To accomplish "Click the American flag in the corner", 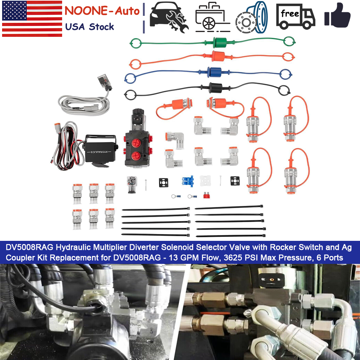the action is pyautogui.click(x=32, y=19).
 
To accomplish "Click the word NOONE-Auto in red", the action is pyautogui.click(x=102, y=11).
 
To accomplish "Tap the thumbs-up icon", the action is pyautogui.click(x=337, y=15).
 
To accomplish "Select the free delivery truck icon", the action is pyautogui.click(x=296, y=17).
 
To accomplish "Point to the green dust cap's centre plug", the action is pyautogui.click(x=220, y=42).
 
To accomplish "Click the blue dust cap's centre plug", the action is pyautogui.click(x=214, y=72).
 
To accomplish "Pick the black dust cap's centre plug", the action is pyautogui.click(x=216, y=88).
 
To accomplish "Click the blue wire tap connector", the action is pyautogui.click(x=188, y=181).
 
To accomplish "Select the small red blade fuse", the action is pyautogui.click(x=206, y=195).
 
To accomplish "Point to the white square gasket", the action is pyautogui.click(x=205, y=181).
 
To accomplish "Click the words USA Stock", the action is pyautogui.click(x=89, y=27).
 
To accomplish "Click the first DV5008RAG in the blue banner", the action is pyautogui.click(x=30, y=247).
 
